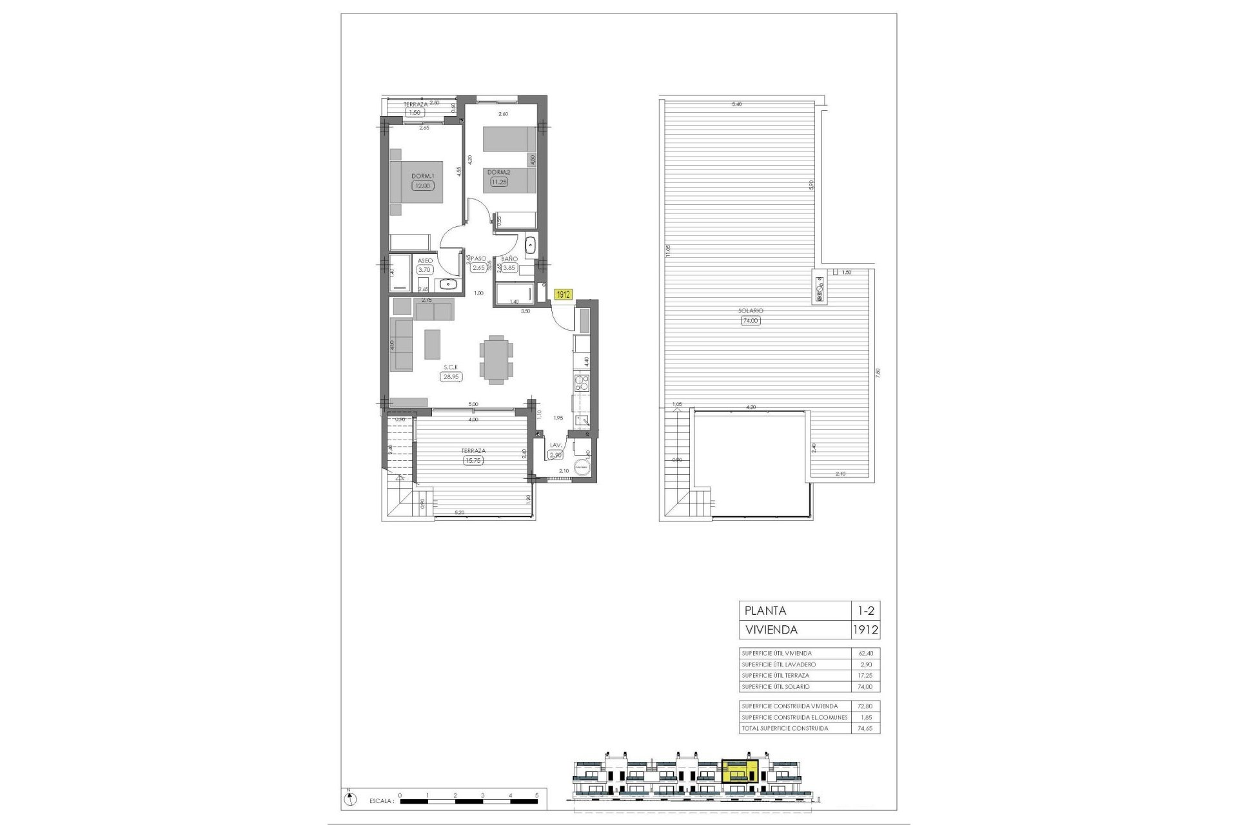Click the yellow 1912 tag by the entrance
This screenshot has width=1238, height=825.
pyautogui.click(x=563, y=295)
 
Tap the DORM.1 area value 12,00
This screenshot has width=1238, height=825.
pyautogui.click(x=423, y=186)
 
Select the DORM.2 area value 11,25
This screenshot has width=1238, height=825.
pyautogui.click(x=498, y=182)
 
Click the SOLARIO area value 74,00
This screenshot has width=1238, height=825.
pyautogui.click(x=751, y=320)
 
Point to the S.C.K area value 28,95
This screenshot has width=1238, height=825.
pyautogui.click(x=451, y=377)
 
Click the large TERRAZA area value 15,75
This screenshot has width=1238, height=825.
pyautogui.click(x=473, y=461)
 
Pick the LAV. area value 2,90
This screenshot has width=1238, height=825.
pyautogui.click(x=555, y=455)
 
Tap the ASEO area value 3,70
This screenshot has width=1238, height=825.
pyautogui.click(x=424, y=270)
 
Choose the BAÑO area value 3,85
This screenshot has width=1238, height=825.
pyautogui.click(x=509, y=268)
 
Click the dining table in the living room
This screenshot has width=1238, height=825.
pyautogui.click(x=496, y=360)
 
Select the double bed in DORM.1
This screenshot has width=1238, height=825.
pyautogui.click(x=417, y=182)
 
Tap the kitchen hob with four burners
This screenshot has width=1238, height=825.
pyautogui.click(x=582, y=385)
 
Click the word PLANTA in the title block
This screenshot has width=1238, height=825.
pyautogui.click(x=765, y=611)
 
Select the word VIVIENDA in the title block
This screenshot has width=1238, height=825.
pyautogui.click(x=771, y=630)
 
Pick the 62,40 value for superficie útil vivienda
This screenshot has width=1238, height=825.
pyautogui.click(x=863, y=654)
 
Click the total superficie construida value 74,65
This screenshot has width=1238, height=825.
pyautogui.click(x=863, y=728)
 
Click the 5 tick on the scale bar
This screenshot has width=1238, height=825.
pyautogui.click(x=536, y=795)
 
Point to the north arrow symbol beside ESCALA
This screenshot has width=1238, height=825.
pyautogui.click(x=349, y=800)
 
